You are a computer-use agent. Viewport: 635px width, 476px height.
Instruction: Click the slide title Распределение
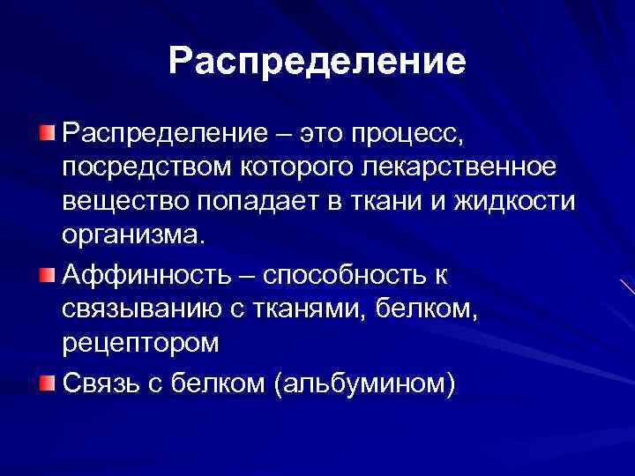tap(317, 62)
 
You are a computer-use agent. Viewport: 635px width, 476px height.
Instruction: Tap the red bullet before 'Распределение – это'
tap(46, 133)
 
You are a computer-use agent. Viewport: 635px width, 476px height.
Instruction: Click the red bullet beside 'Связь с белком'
tap(46, 383)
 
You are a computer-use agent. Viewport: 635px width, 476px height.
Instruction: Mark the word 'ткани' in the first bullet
tap(382, 202)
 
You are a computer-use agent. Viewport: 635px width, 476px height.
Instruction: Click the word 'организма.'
tap(132, 236)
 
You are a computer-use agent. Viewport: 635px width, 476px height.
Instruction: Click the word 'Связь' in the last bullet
tap(100, 384)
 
